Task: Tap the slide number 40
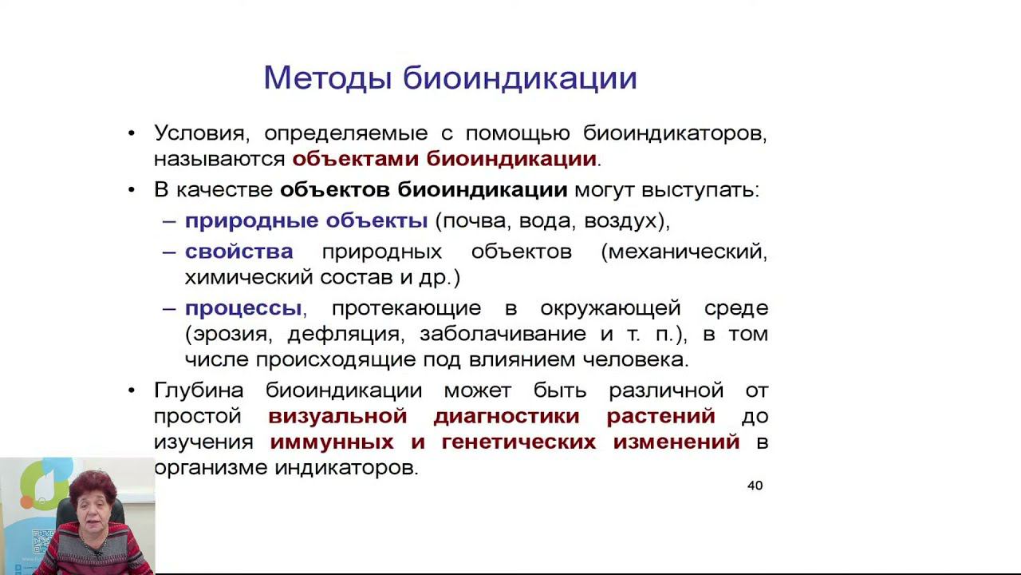pos(755,486)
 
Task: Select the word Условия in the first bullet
pos(203,133)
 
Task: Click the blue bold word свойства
pos(239,252)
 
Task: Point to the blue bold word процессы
pos(243,308)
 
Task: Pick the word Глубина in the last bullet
pos(203,391)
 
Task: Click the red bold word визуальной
pos(338,416)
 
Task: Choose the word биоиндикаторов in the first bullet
pos(675,133)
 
